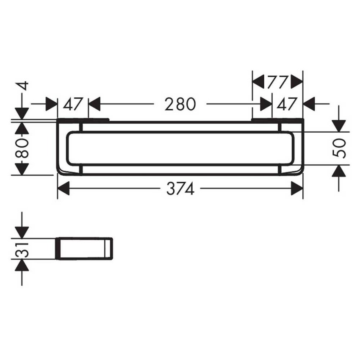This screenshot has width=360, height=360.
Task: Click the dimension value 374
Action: (180, 189)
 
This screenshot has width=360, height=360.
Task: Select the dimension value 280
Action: (180, 104)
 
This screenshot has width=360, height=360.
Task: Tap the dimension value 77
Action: (277, 82)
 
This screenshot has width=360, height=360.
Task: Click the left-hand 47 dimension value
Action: (72, 104)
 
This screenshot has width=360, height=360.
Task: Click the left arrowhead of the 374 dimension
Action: (63, 189)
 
